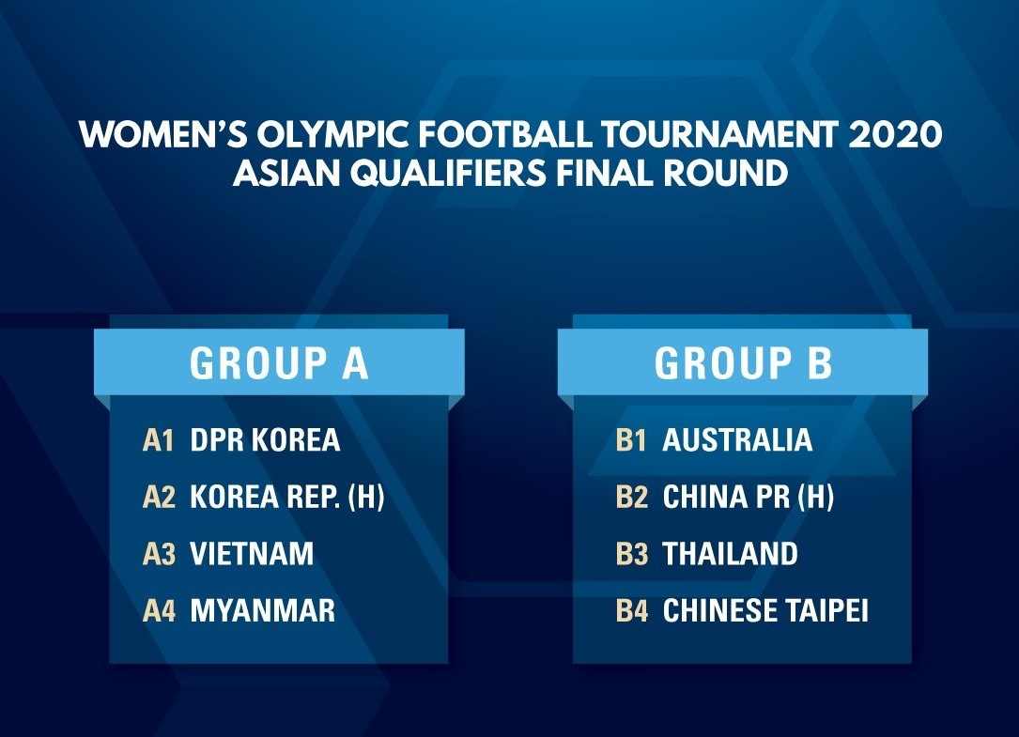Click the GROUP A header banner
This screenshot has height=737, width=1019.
pos(279,362)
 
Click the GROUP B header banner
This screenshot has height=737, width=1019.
pos(743,362)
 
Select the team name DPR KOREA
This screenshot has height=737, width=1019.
pos(265,440)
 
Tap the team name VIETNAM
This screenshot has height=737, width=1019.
pos(252,554)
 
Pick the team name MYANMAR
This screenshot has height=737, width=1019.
pos(263,610)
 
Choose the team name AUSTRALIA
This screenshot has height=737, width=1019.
pos(737,440)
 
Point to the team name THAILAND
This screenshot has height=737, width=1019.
pos(730,554)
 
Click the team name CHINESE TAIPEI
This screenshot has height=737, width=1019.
pos(765,610)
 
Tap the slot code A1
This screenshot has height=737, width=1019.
pos(158,440)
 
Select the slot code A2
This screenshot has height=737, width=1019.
pos(160,498)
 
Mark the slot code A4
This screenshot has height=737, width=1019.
pos(160,611)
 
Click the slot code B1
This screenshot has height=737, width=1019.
pos(631,440)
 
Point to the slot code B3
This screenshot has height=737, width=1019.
pos(632,554)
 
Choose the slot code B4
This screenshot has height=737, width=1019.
pos(632,611)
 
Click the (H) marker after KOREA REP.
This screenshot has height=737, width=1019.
pos(366,498)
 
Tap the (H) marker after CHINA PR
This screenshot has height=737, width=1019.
pos(815,498)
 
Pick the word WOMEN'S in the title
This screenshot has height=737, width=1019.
pos(162,134)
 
